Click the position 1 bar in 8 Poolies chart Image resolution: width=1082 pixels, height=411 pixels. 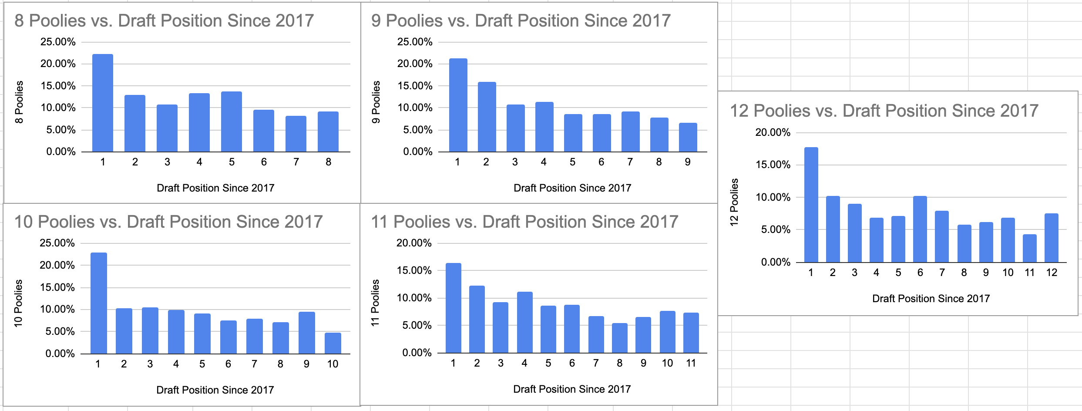[103, 103]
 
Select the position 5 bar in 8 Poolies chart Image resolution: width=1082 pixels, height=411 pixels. [232, 122]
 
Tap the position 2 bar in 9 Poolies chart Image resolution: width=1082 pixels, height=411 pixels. [487, 117]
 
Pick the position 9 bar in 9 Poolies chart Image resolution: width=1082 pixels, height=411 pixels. [688, 138]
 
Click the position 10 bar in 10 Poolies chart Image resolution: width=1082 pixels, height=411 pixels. [333, 344]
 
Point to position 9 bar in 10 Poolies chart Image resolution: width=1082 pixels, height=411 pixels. [306, 333]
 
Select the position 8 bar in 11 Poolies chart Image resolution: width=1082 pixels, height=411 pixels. [619, 338]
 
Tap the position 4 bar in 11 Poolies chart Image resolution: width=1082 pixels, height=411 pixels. [524, 323]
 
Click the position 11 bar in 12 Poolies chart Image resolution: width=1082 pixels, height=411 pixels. [1029, 249]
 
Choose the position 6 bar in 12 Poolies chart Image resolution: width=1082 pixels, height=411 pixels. [920, 229]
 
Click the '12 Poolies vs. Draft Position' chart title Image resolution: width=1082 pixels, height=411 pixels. [884, 111]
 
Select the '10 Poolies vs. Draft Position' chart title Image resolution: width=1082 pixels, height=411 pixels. [168, 222]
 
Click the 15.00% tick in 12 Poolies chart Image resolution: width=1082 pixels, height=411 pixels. [773, 165]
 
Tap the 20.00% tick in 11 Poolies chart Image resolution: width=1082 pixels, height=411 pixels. [414, 243]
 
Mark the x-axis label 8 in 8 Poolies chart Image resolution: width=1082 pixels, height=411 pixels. [328, 162]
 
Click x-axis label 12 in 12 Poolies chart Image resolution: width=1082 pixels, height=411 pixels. [1052, 273]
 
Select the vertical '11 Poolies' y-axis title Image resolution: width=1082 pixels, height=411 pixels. [375, 303]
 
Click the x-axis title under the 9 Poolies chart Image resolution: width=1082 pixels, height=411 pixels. [572, 188]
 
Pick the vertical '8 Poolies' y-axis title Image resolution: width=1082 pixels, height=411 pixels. [19, 102]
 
